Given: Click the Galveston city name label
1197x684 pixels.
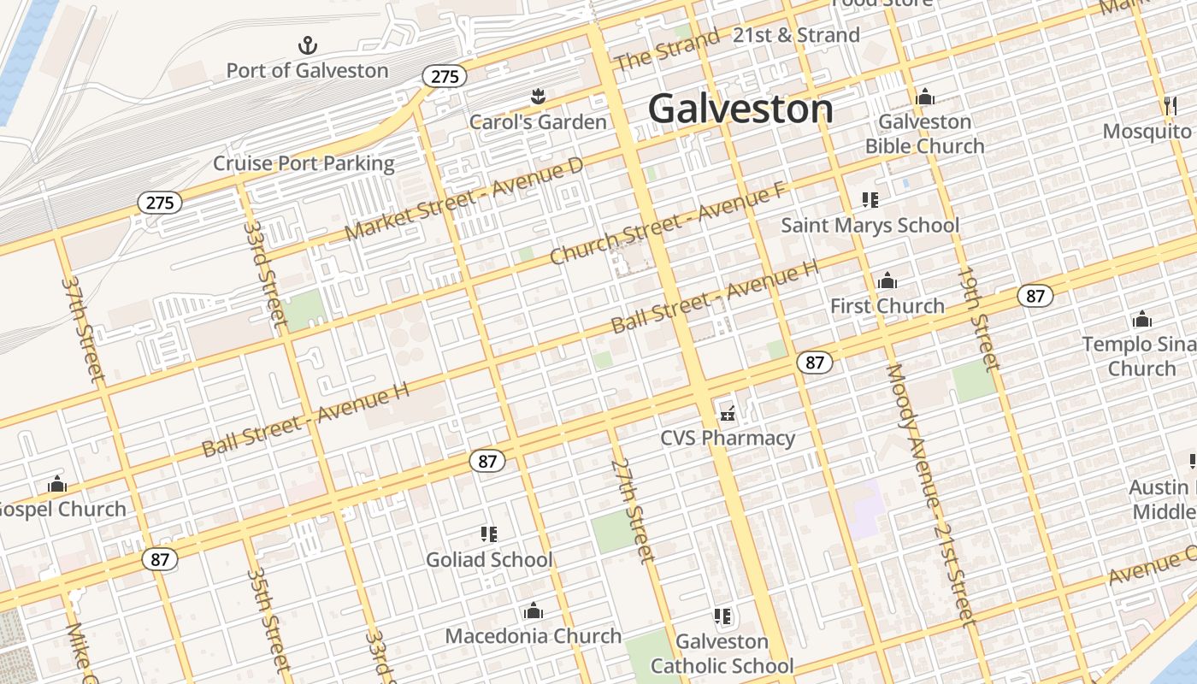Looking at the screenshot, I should coord(740,109).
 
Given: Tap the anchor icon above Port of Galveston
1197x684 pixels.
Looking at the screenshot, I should coord(307,45).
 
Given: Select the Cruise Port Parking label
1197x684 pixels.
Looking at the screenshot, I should coord(304,163).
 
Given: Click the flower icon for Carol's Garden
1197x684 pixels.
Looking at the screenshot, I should coord(538,97).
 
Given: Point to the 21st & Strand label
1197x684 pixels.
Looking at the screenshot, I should coord(796,35).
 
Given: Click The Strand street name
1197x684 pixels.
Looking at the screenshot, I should coord(667,50).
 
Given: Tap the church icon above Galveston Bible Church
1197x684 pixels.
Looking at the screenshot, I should coord(924,97).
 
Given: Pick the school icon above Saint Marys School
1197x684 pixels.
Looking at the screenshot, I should coord(870,201).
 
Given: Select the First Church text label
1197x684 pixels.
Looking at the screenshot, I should coord(887,305).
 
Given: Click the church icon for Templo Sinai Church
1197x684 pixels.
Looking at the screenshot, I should coord(1141,320).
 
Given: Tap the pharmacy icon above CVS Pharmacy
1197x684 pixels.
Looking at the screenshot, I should coord(728,413).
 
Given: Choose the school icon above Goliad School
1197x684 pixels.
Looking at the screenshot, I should coord(489,535).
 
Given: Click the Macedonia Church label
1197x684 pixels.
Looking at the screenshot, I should coord(533,636).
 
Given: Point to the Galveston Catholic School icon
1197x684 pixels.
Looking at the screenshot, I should coord(722,616).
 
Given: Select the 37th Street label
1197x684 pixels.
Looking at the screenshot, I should coord(83,328).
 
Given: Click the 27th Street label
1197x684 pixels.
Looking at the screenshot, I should coord(633,510).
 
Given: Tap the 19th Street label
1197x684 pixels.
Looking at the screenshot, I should coord(978,319).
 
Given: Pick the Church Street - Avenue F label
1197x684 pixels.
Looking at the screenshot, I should coord(667,224).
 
